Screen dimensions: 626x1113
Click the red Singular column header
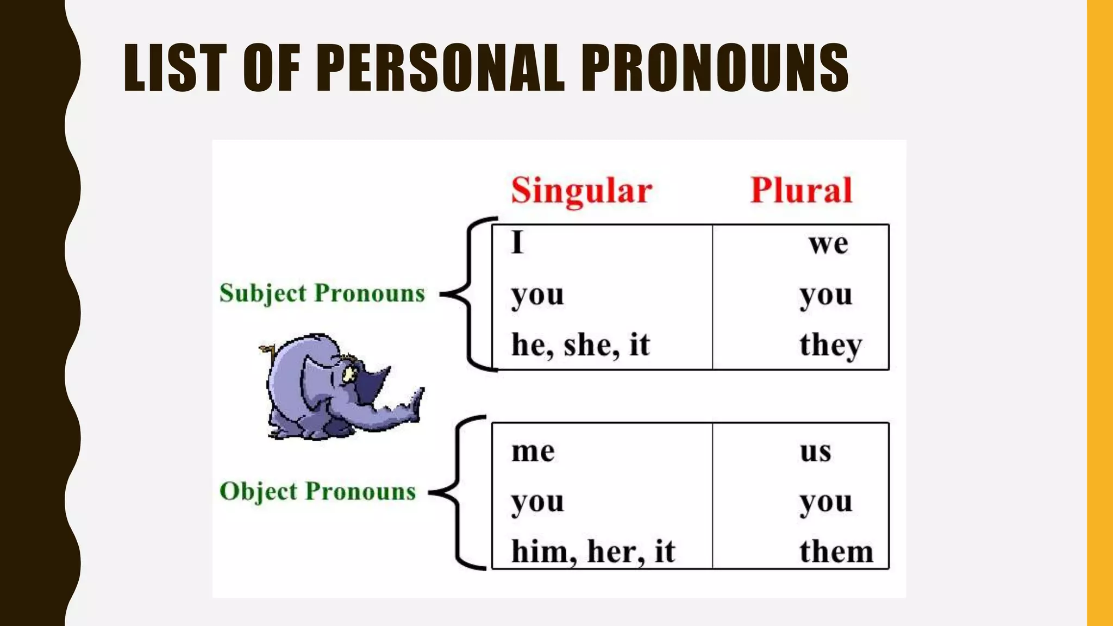581,191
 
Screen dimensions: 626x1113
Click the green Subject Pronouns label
322,293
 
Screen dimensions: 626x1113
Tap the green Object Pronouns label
317,491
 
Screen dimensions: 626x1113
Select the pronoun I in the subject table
517,242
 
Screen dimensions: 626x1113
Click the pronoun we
828,243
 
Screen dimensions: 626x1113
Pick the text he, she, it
580,345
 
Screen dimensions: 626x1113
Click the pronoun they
830,345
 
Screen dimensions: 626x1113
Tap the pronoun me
533,451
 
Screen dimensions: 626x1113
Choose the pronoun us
815,451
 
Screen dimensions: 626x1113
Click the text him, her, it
592,552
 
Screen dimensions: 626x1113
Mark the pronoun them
836,552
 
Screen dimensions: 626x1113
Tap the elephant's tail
267,350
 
